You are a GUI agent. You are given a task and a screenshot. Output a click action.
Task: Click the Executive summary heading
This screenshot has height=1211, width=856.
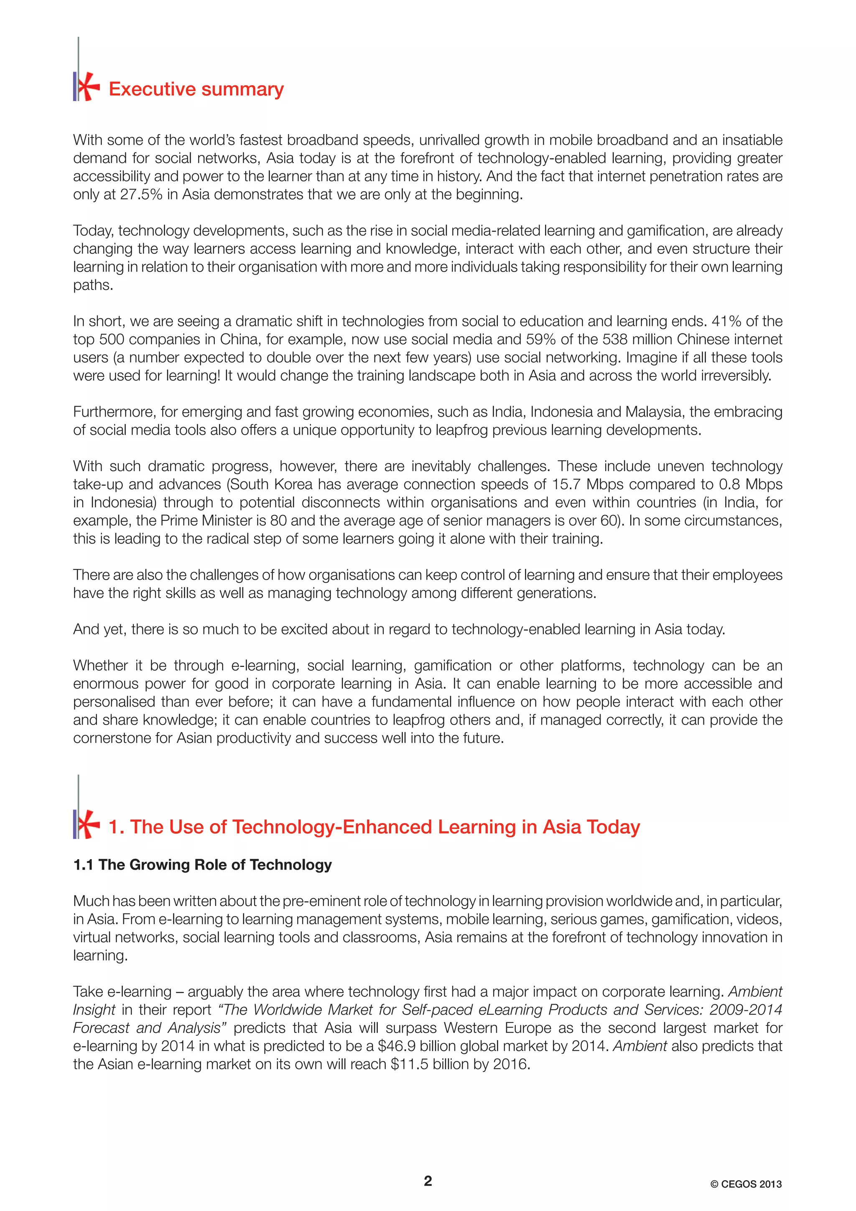pyautogui.click(x=196, y=89)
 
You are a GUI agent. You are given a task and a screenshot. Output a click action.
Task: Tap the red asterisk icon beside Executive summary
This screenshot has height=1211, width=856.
pyautogui.click(x=87, y=86)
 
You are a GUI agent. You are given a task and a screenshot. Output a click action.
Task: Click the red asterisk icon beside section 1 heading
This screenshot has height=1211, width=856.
pyautogui.click(x=87, y=824)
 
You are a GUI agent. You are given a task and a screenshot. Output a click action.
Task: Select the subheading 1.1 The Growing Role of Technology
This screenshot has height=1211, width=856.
pyautogui.click(x=203, y=865)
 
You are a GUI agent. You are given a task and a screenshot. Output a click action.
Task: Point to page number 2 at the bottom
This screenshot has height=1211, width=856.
pyautogui.click(x=428, y=1181)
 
